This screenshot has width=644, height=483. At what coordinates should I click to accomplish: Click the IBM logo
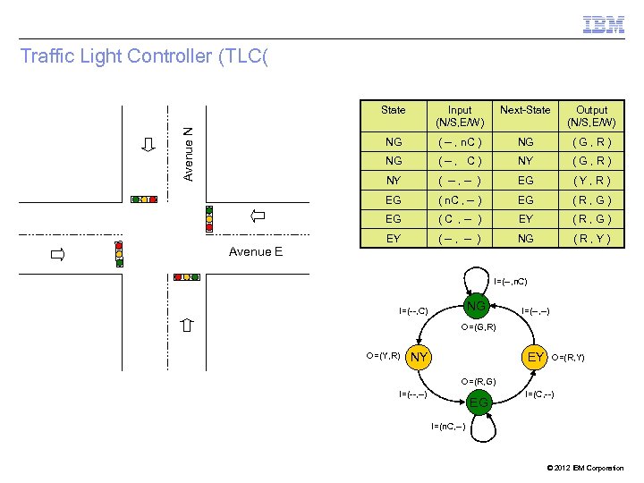604,25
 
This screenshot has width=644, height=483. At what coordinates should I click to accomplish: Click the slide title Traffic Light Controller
144,57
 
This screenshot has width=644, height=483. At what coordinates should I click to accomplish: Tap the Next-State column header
525,110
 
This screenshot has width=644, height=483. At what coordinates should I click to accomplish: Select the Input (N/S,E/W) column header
460,115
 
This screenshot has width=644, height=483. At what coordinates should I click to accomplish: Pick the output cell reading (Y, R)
591,181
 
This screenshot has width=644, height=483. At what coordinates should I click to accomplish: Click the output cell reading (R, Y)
591,239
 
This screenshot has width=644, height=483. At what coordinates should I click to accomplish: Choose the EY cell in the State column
393,239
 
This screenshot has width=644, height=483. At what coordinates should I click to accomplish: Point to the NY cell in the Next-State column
525,161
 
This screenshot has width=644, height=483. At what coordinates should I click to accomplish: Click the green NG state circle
478,307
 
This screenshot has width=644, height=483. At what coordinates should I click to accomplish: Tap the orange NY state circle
419,358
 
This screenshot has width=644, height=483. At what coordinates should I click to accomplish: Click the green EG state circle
479,402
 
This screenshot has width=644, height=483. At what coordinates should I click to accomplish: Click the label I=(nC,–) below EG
447,426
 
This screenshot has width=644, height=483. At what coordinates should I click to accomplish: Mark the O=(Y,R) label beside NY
383,356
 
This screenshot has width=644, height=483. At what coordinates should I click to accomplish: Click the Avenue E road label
255,251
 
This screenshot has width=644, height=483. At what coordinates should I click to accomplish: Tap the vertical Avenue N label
188,153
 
